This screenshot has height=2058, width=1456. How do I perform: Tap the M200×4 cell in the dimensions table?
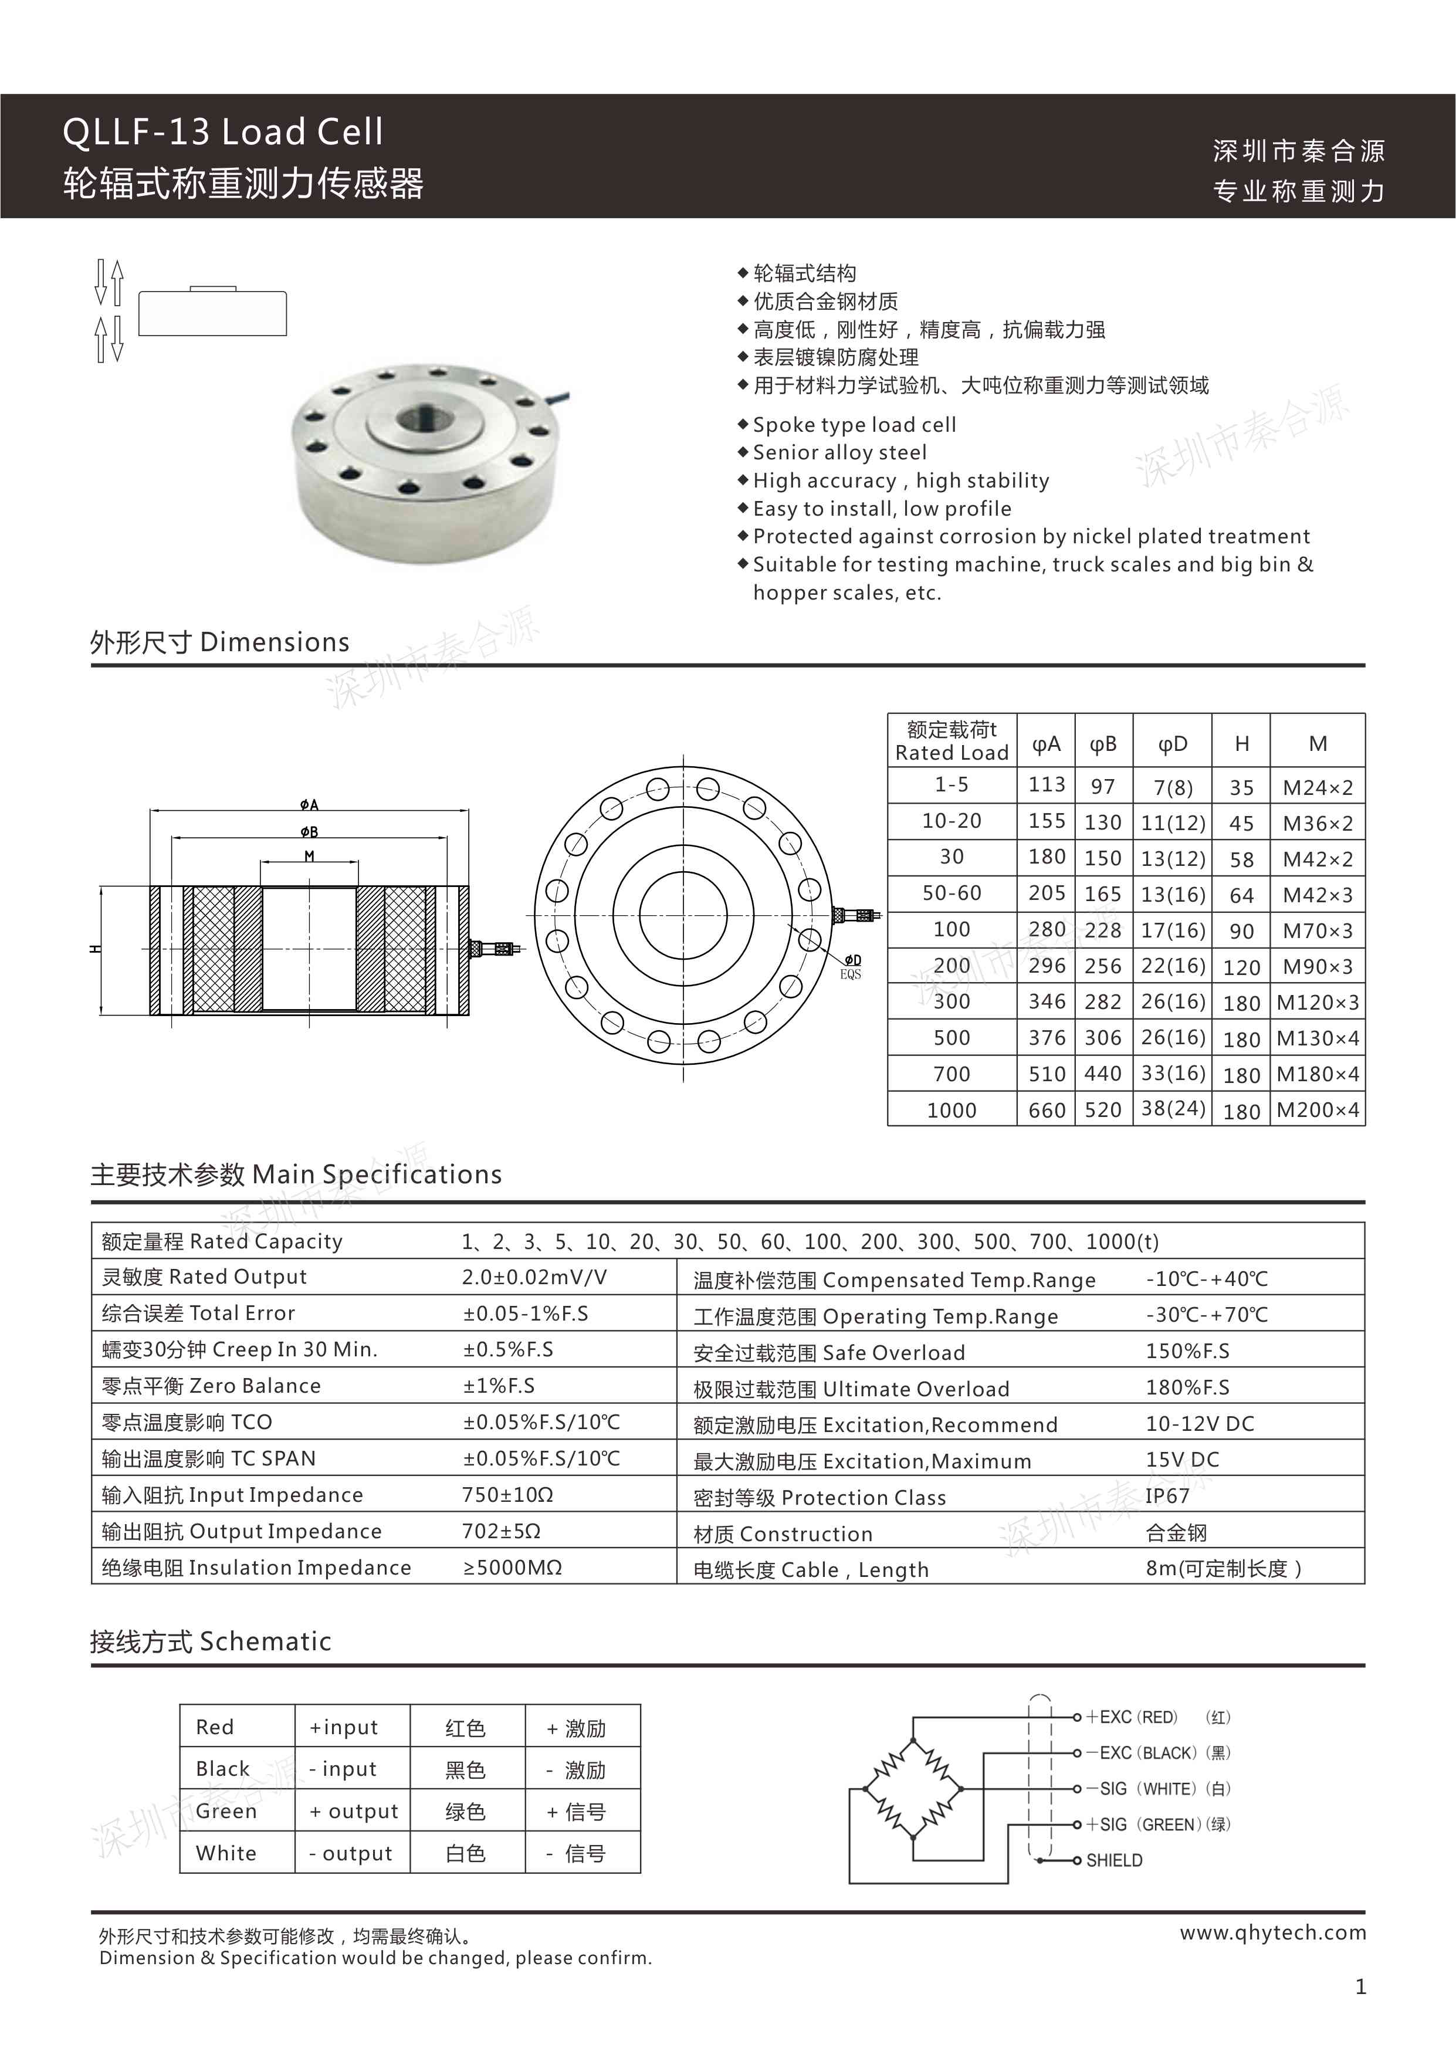point(1317,1110)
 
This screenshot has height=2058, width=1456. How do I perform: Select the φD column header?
point(1172,743)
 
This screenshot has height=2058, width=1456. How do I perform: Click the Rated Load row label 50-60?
point(952,893)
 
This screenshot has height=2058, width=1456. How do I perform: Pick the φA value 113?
point(1047,784)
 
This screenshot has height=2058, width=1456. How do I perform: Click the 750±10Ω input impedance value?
point(507,1494)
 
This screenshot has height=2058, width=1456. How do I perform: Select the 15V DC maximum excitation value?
point(1181,1459)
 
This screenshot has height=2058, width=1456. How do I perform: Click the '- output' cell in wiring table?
point(351,1853)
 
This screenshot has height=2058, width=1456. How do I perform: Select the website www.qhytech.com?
point(1272,1932)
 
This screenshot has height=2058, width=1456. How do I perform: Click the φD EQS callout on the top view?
point(851,966)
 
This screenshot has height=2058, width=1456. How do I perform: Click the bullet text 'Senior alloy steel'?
point(839,452)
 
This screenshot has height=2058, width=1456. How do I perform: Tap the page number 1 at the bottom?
point(1360,1987)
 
